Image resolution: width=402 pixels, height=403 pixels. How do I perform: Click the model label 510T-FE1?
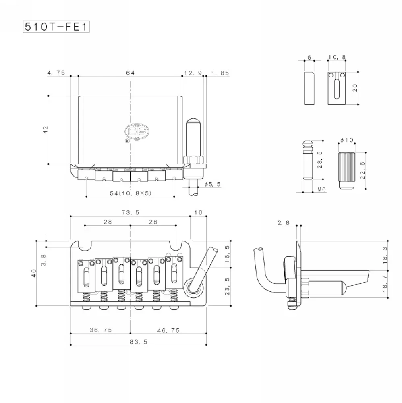pos(56,27)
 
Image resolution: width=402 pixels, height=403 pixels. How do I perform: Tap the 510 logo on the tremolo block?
pos(137,131)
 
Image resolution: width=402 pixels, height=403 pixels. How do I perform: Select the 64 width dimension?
pos(130,73)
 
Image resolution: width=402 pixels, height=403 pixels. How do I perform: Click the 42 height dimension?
pos(46,129)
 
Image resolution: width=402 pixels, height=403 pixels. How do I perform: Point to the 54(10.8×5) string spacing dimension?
pos(131,193)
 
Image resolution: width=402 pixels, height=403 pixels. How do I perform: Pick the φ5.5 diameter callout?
pos(212,184)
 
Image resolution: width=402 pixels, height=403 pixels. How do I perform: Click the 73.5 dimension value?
pos(131,212)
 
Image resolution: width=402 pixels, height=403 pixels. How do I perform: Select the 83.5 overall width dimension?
pos(139,342)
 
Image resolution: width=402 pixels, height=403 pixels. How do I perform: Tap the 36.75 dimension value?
pos(101,330)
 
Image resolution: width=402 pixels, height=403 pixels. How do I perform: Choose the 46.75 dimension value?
pos(168,330)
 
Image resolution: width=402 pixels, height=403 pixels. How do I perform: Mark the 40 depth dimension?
pos(34,273)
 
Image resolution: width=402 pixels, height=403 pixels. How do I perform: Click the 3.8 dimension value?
pos(44,260)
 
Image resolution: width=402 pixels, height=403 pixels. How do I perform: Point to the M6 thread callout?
pos(321,189)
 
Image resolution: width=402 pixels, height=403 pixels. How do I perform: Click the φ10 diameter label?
pos(347,140)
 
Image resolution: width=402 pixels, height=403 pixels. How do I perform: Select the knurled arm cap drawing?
pos(347,170)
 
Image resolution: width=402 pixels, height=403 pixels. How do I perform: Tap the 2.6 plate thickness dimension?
pos(283,223)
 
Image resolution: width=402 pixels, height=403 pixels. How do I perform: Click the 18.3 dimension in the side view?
pos(385,256)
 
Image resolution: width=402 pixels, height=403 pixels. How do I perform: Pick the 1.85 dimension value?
pos(220,73)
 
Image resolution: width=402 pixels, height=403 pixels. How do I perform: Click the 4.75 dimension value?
pos(56,73)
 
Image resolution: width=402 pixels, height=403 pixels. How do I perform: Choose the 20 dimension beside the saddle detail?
pos(355,88)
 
